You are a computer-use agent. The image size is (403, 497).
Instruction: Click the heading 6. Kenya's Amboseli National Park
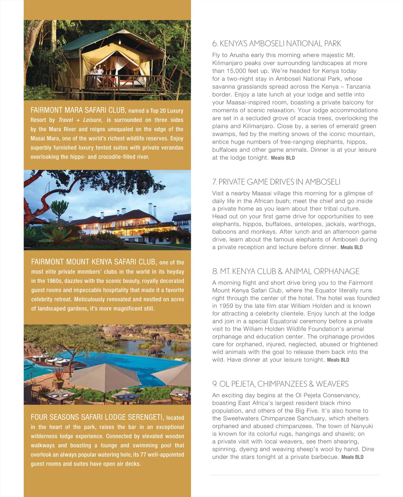pos(276,44)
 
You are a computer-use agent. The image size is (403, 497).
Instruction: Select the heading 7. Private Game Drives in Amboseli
pos(276,182)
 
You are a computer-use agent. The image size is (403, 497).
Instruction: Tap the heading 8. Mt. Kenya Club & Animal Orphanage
pos(286,271)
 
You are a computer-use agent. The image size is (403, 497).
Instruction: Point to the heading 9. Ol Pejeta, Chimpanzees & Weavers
pos(280,384)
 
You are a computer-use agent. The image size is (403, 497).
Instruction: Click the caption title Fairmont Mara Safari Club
pos(78,110)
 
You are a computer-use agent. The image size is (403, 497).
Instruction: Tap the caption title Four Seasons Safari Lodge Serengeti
pos(97,417)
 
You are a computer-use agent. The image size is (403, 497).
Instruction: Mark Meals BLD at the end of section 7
pos(351,247)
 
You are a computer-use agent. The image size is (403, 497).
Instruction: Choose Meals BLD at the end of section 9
pos(352,457)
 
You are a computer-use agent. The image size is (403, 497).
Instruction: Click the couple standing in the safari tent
pos(96,72)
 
